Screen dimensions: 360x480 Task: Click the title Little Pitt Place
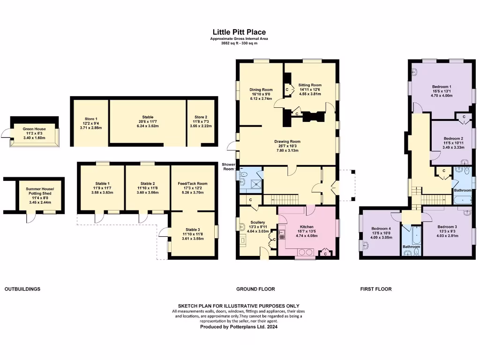[240, 32]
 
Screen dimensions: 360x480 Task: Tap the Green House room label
[34, 128]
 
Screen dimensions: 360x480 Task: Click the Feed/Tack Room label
[193, 184]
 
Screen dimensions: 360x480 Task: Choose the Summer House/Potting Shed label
[40, 191]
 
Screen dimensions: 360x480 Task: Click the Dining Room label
[261, 90]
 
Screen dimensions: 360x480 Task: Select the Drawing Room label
[287, 142]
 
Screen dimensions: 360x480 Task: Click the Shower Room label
[229, 166]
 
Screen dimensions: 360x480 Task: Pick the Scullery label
[257, 222]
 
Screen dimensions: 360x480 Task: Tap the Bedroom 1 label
[441, 87]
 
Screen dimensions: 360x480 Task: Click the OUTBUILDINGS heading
[22, 289]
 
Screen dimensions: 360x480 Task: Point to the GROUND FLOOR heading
[255, 289]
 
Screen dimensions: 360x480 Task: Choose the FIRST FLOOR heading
[375, 289]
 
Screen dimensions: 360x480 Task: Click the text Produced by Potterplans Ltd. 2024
[239, 327]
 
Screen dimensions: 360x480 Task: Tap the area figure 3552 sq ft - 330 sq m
[240, 43]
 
